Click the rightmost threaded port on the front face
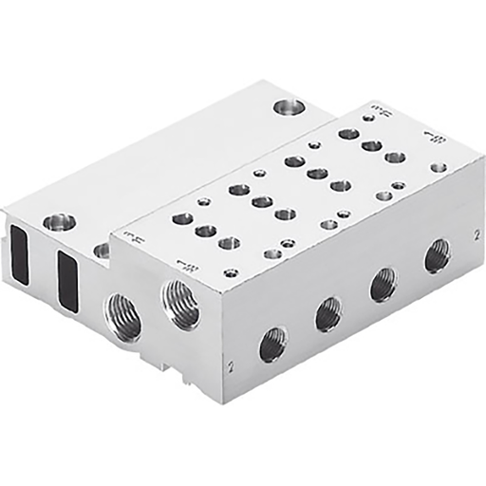coord(437,255)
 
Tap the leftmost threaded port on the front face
coord(273,342)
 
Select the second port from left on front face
coord(328,312)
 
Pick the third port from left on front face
coord(383,283)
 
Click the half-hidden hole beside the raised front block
coord(102,251)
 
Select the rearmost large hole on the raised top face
coord(348,134)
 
